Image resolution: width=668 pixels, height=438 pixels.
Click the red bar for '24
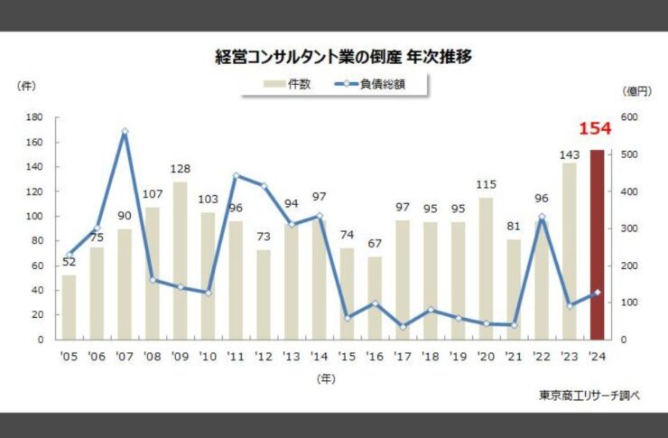597,244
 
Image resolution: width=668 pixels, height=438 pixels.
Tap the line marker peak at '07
125,132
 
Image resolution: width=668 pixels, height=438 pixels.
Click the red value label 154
595,129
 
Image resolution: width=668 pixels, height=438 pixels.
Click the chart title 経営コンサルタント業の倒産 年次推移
333,57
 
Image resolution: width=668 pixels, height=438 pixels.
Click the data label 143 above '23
569,154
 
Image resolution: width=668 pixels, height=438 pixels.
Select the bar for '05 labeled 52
69,307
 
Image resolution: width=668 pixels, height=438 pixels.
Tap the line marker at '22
542,218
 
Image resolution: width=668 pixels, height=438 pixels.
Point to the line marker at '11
237,176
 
